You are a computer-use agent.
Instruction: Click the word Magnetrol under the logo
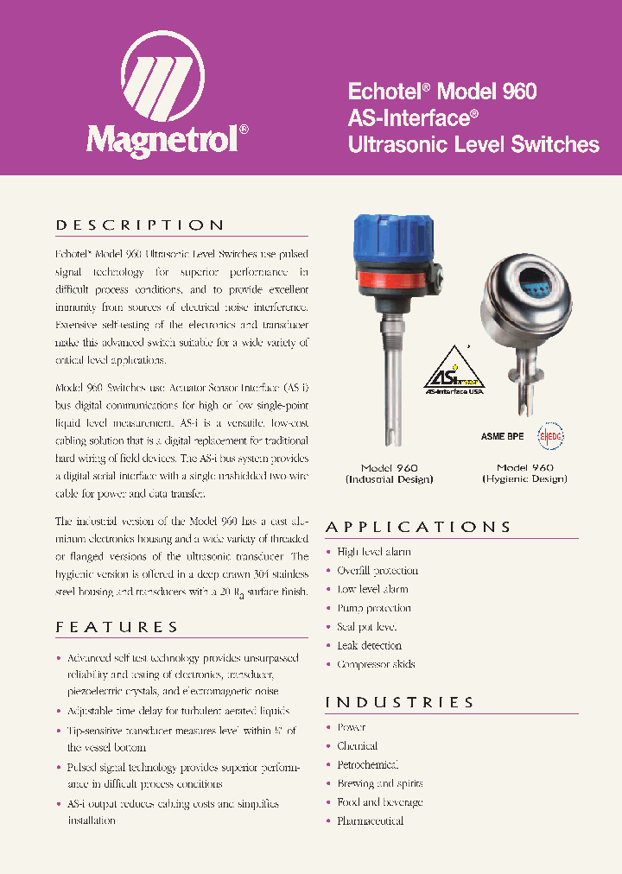(x=162, y=139)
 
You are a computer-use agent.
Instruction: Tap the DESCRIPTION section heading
(x=140, y=225)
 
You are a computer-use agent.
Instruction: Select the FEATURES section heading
(x=117, y=627)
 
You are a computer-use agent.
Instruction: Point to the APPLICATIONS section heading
(x=418, y=527)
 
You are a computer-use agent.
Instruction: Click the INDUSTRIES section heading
(x=399, y=702)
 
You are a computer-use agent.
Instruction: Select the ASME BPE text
(x=503, y=437)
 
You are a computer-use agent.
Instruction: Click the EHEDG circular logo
(x=549, y=436)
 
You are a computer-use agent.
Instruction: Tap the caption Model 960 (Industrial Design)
(x=389, y=473)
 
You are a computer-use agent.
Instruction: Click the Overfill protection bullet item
(x=378, y=571)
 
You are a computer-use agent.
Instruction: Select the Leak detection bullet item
(x=369, y=645)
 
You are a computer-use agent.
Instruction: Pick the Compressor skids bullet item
(x=376, y=664)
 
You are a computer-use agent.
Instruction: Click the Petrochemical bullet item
(x=367, y=765)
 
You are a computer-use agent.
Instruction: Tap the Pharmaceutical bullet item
(x=370, y=821)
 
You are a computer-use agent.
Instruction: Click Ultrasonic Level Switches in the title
(x=473, y=144)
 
